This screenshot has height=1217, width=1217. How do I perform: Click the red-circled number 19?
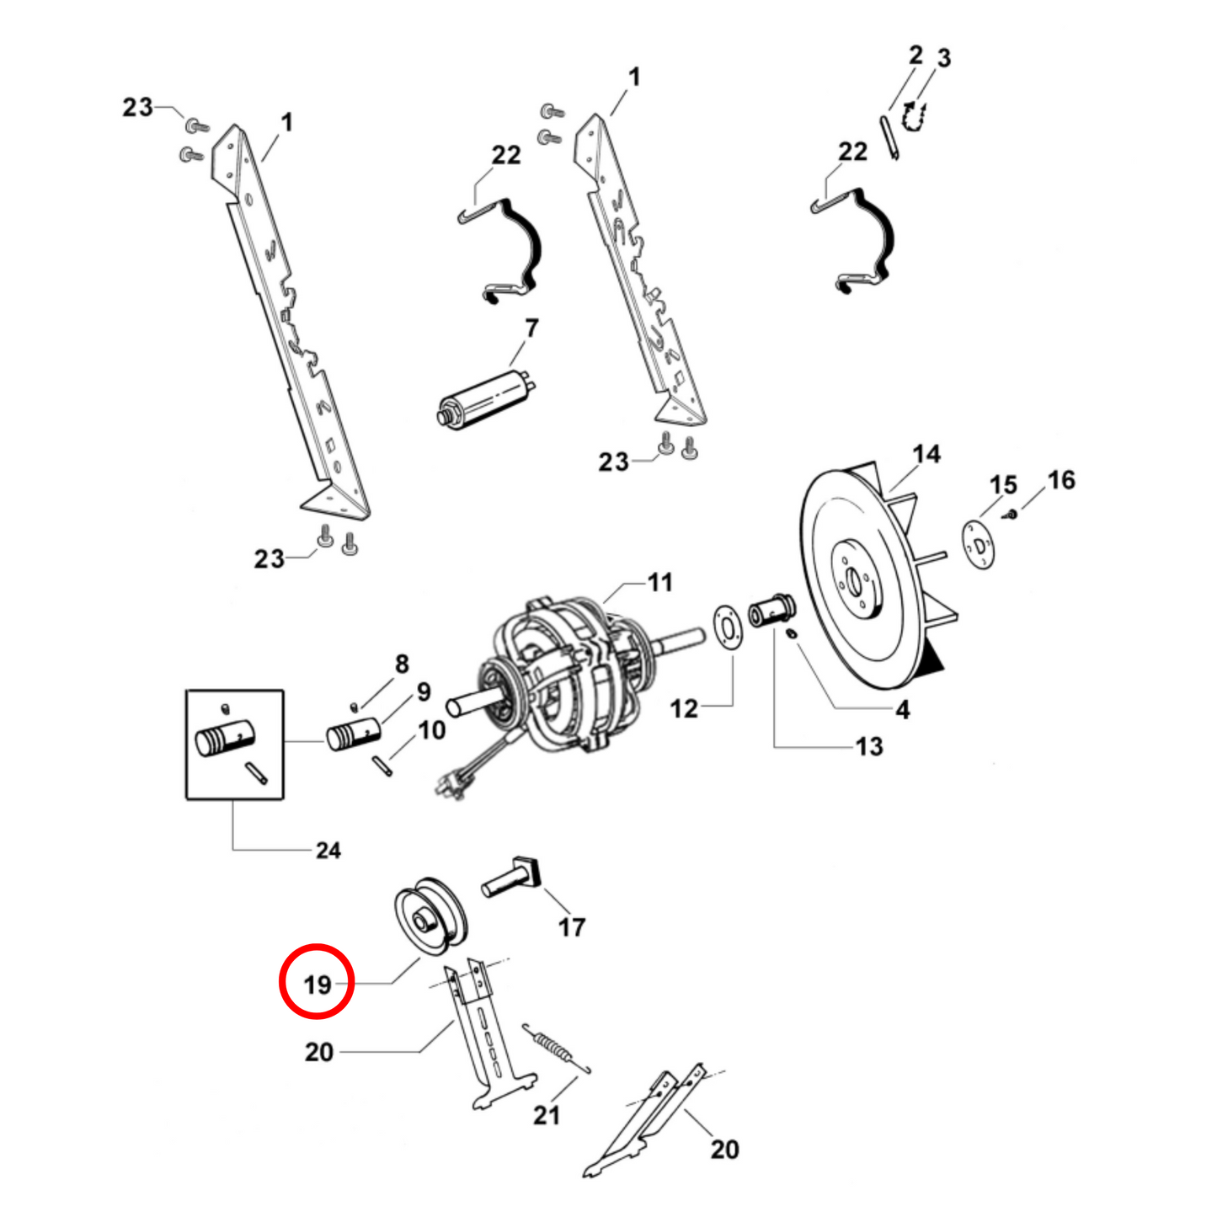[318, 985]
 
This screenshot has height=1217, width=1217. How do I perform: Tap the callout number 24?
[328, 851]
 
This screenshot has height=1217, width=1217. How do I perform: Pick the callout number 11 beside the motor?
[659, 582]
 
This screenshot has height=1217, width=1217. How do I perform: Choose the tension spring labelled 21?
[555, 1048]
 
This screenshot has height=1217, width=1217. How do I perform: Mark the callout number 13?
[869, 746]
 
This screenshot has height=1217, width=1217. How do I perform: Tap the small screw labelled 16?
[1012, 514]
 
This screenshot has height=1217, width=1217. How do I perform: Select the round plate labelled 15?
[978, 544]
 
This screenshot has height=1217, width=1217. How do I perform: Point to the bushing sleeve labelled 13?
[771, 610]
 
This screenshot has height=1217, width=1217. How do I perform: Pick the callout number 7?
[531, 328]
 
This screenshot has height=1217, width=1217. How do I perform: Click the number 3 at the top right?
[944, 58]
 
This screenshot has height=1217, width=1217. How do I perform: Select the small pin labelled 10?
[382, 766]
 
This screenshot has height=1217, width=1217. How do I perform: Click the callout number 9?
[424, 691]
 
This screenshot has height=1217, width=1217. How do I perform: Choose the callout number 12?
[684, 708]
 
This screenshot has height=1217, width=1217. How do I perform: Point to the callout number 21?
[547, 1115]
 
